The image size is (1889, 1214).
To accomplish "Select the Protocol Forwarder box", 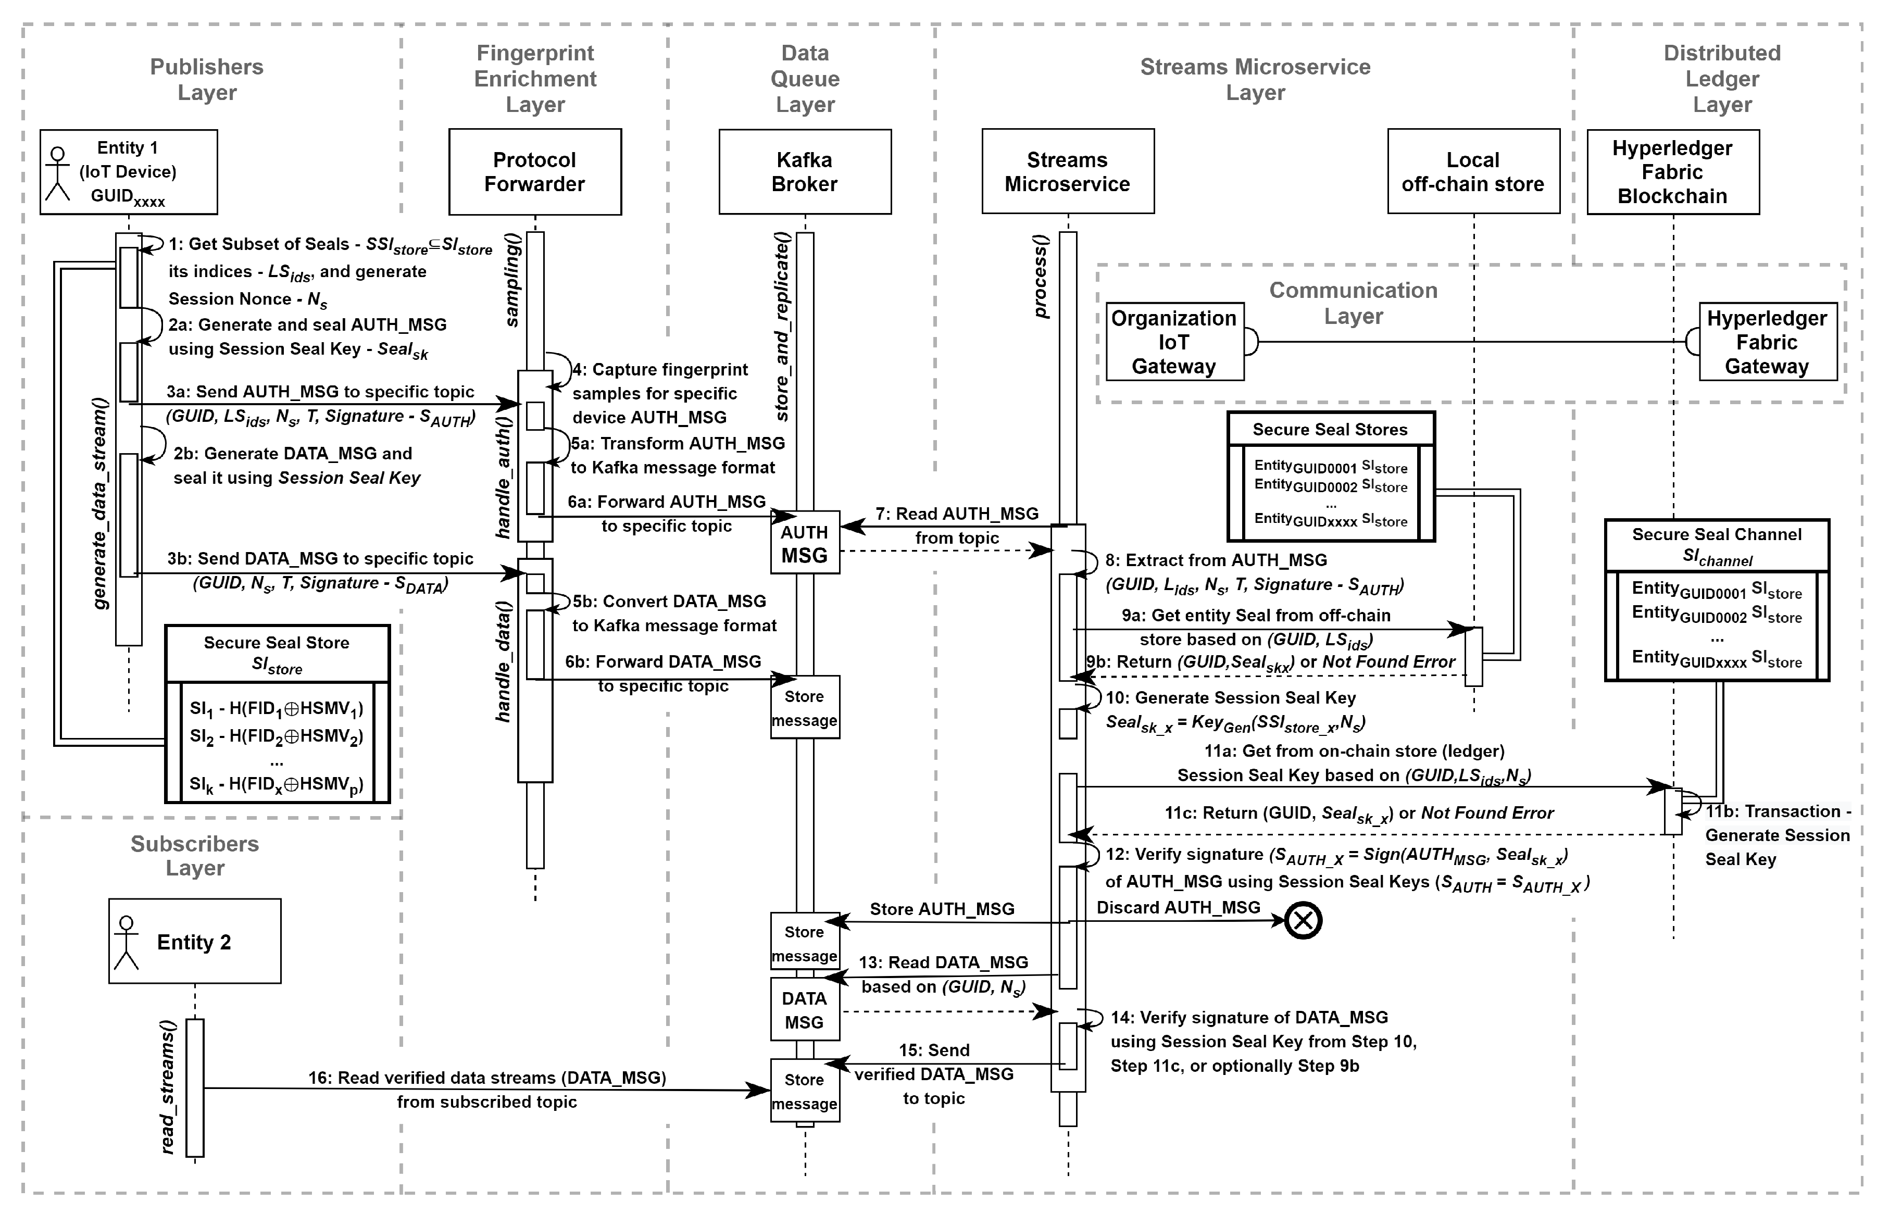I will pos(534,172).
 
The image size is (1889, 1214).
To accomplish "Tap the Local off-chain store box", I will pos(1473,172).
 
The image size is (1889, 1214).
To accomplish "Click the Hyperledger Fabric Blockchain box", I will pos(1672,172).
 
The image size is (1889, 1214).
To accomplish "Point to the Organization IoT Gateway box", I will pos(1174,342).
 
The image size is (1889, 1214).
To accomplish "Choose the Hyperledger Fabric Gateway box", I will pos(1767,342).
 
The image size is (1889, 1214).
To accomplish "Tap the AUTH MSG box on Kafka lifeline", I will pos(804,544).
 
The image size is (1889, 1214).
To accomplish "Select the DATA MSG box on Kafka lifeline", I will pos(804,1010).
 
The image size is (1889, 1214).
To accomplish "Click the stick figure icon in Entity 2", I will pos(126,942).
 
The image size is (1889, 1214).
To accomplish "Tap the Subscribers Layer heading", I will pos(195,855).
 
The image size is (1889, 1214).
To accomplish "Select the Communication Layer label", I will pos(1353,303).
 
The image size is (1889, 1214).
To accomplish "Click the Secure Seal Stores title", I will pos(1330,430).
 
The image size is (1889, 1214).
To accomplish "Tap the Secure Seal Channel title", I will pos(1716,534).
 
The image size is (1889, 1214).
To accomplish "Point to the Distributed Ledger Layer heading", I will pos(1722,79).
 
